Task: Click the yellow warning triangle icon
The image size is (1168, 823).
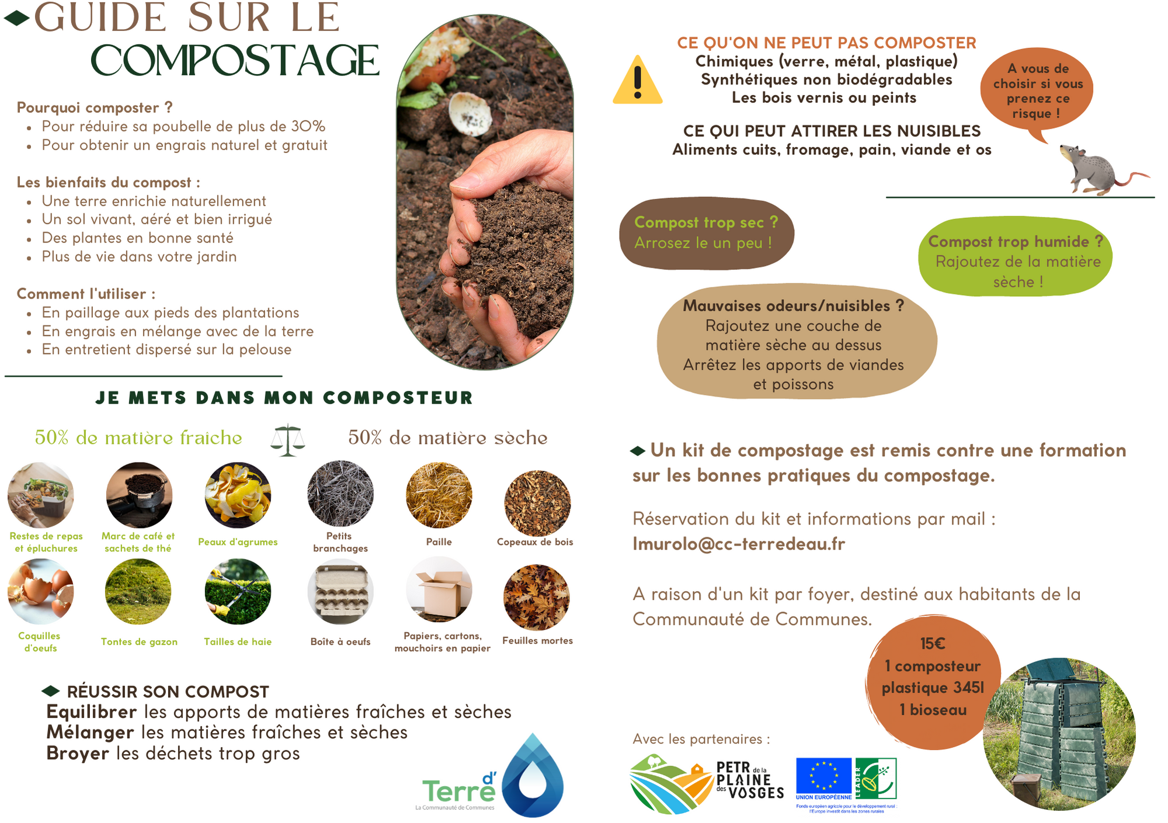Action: pyautogui.click(x=638, y=81)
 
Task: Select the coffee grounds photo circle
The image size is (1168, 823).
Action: pyautogui.click(x=139, y=495)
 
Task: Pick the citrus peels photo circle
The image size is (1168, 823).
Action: pyautogui.click(x=238, y=495)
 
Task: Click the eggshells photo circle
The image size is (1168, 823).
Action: pyautogui.click(x=41, y=592)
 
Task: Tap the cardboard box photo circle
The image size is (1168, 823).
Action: pyautogui.click(x=439, y=590)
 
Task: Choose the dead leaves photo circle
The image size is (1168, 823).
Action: pyautogui.click(x=537, y=598)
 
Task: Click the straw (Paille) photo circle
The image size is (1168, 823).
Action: pyautogui.click(x=439, y=495)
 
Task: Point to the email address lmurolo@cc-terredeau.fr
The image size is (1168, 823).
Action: pyautogui.click(x=739, y=544)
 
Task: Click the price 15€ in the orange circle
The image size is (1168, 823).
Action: pyautogui.click(x=933, y=644)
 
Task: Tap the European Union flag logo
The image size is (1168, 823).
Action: pyautogui.click(x=823, y=779)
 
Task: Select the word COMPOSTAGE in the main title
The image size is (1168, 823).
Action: pyautogui.click(x=235, y=61)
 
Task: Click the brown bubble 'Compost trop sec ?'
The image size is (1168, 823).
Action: pyautogui.click(x=707, y=233)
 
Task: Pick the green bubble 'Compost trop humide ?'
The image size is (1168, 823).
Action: pyautogui.click(x=1016, y=257)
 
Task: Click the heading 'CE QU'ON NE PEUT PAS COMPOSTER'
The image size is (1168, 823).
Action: pyautogui.click(x=826, y=43)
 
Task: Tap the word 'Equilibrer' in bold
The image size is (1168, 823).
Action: pyautogui.click(x=92, y=712)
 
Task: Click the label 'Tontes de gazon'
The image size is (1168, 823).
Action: pyautogui.click(x=139, y=641)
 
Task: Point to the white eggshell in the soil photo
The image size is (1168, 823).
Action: pyautogui.click(x=471, y=114)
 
